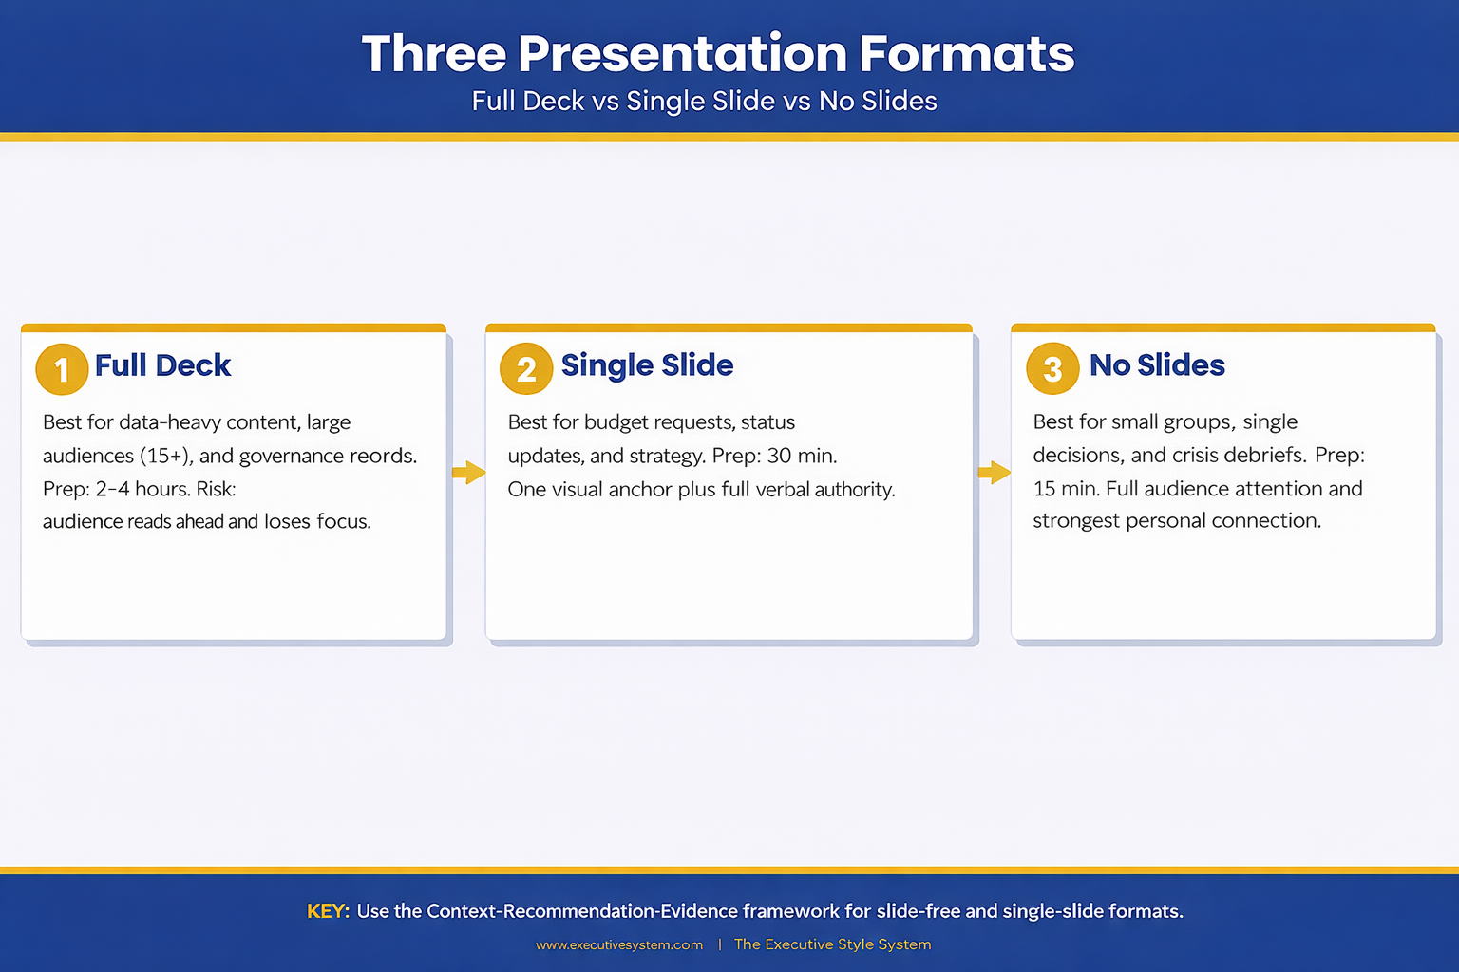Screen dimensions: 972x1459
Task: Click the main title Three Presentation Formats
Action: [717, 53]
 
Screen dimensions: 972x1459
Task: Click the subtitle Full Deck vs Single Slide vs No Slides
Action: [704, 101]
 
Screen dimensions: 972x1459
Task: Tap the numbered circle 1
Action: [62, 369]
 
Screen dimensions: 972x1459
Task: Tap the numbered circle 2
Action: [526, 369]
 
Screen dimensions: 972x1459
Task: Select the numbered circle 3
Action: [1052, 369]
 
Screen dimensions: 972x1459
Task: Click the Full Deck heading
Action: [162, 365]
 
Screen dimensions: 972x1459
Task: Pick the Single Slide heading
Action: [647, 365]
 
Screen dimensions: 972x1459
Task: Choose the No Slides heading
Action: [1157, 365]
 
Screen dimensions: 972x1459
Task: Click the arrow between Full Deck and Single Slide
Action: [468, 472]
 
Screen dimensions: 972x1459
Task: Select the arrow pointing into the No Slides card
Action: [994, 472]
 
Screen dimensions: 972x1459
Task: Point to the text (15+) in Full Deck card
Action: [166, 456]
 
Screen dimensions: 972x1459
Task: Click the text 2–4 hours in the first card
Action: [142, 489]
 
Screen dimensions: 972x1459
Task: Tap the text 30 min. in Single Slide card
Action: [802, 456]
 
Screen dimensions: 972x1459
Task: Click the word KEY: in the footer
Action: [328, 911]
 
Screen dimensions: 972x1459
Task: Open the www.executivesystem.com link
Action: [619, 944]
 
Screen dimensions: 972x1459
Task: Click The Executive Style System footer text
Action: [832, 944]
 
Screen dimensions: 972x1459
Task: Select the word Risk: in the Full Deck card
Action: [216, 489]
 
